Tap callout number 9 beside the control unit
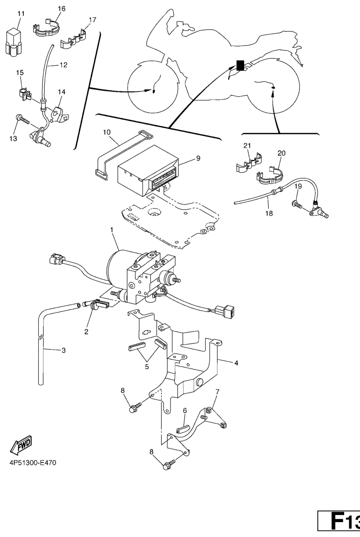tap(198, 158)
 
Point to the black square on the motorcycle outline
tap(240, 65)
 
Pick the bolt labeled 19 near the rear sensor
tap(297, 203)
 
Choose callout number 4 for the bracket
tap(236, 363)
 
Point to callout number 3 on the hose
tap(63, 350)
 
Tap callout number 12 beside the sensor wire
tap(63, 65)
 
